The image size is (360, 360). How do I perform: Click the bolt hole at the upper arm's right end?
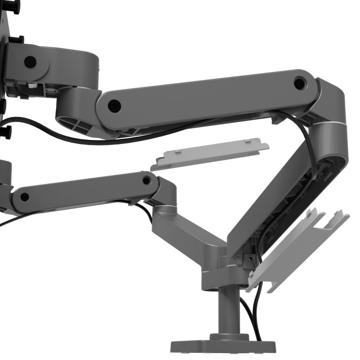pos(299,83)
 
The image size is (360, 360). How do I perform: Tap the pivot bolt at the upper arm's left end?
pos(114,105)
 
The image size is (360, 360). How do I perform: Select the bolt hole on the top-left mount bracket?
pos(30,62)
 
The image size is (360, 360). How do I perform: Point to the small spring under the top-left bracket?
pos(31,85)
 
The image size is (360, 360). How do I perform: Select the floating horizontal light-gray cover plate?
pos(210,154)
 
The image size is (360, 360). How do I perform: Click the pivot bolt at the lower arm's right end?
pos(146,180)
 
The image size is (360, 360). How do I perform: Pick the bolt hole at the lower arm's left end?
pos(25,197)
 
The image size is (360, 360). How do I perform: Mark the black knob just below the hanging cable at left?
pos(6,131)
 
